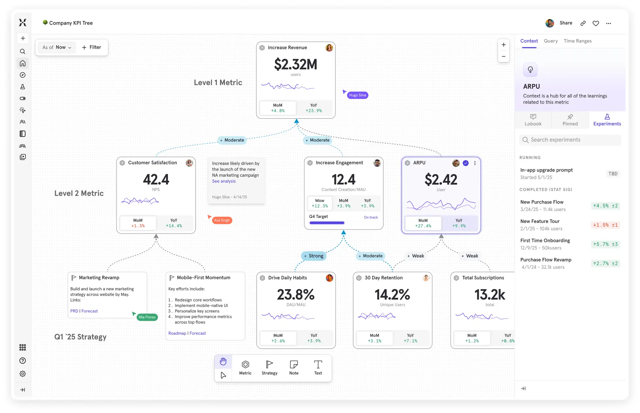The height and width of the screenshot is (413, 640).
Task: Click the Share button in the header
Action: point(565,23)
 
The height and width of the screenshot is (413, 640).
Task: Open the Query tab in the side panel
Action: point(550,41)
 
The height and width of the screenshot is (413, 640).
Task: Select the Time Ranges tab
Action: point(577,41)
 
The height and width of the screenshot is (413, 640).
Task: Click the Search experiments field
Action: point(570,140)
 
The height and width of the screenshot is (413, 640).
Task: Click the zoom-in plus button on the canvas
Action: point(503,45)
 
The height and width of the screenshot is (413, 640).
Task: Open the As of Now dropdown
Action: point(56,47)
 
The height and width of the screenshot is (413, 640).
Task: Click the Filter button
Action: point(92,47)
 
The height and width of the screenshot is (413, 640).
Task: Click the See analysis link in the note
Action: point(224,181)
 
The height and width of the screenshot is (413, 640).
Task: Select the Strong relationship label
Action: point(313,256)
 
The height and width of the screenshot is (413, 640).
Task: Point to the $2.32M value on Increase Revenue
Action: point(295,64)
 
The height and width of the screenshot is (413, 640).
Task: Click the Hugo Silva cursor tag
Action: point(357,95)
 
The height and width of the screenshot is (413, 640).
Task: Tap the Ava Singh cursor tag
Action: point(222,220)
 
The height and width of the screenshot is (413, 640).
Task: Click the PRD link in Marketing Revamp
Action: point(74,311)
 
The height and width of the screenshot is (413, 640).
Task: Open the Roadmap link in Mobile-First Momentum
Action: point(177,333)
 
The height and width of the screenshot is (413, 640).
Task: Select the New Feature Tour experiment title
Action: point(540,221)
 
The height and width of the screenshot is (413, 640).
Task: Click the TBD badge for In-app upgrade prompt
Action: point(612,174)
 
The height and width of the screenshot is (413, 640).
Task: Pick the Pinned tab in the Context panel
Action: point(570,120)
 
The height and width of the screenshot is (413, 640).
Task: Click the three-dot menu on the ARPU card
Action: point(475,163)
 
